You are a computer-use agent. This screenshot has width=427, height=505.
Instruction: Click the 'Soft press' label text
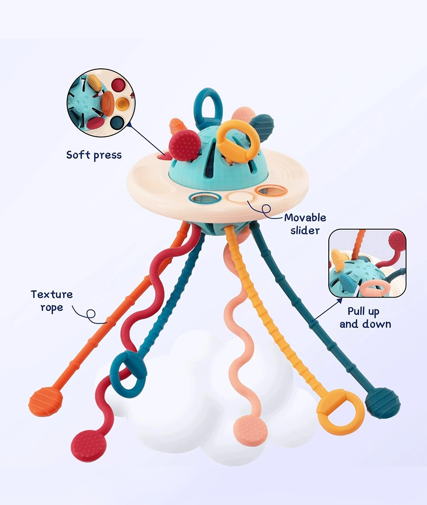93,155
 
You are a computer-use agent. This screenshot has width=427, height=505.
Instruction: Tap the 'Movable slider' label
305,224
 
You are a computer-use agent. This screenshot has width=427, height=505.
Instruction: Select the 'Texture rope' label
52,300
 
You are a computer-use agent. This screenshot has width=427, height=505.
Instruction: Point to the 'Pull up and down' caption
365,318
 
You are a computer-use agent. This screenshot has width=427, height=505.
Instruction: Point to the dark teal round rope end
383,402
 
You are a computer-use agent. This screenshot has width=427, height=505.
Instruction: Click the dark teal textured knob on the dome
261,125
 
